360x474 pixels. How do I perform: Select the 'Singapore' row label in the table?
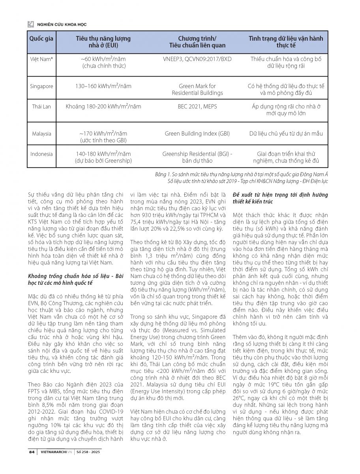41,86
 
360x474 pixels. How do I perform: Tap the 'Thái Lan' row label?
41,107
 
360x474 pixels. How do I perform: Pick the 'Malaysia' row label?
41,134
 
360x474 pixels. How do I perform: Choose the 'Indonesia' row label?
41,154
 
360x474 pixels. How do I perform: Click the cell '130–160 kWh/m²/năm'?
103,86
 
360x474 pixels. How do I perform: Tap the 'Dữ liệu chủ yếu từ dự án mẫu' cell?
286,134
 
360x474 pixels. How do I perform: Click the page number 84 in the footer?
32,452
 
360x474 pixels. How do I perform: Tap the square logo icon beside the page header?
30,24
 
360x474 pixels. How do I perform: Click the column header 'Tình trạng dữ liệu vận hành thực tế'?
286,41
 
